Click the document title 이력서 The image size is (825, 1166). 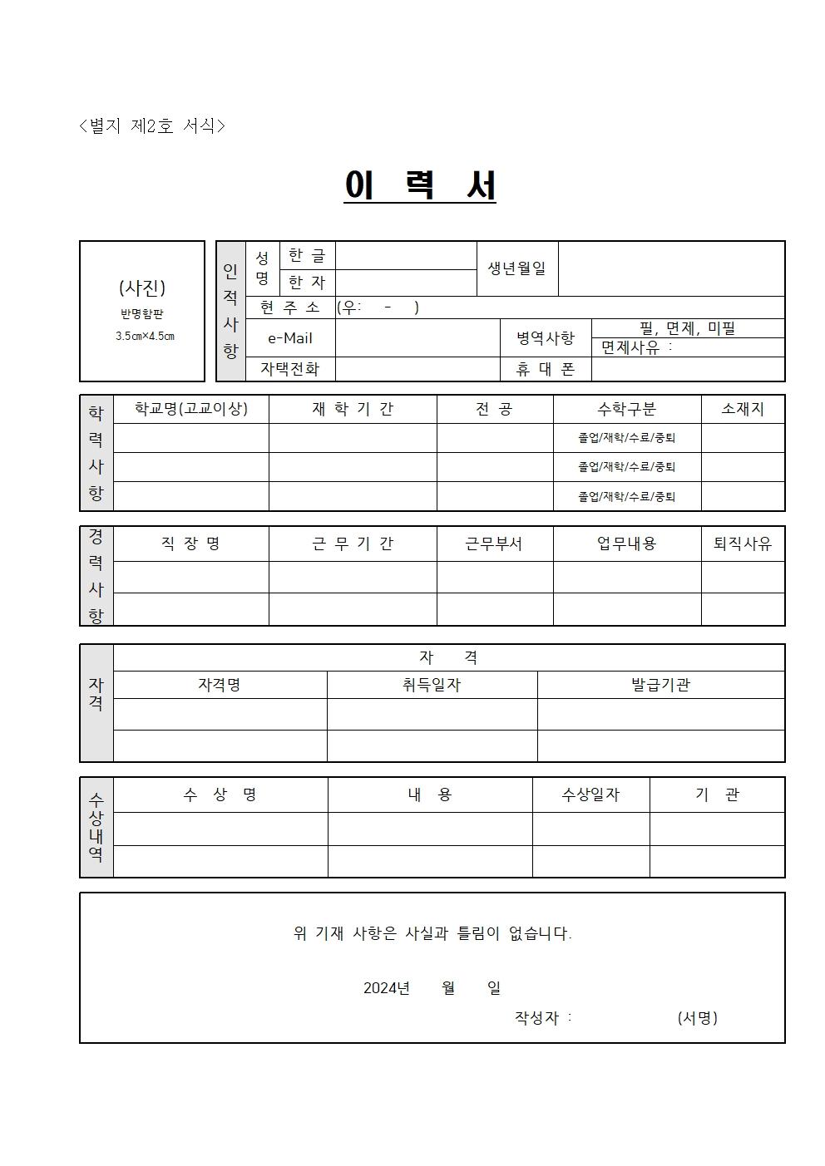pos(420,185)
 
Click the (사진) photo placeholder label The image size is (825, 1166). pos(142,288)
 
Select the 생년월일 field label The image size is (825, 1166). pos(516,268)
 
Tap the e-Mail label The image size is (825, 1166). pos(290,338)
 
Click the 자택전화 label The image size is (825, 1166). pos(289,369)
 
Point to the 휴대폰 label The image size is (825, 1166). pos(545,369)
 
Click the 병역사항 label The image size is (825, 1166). pos(545,338)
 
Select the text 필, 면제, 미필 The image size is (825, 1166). pos(688,328)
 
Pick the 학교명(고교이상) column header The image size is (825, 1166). pos(190,409)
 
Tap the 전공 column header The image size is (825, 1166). pos(494,409)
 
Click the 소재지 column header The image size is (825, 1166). pos(743,409)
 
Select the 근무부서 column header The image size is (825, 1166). pos(494,544)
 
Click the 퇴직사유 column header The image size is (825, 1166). pos(743,544)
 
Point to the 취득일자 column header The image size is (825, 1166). pos(431,685)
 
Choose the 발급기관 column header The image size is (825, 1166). pos(660,685)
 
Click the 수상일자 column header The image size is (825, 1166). pos(590,795)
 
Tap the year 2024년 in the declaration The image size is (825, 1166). pos(387,988)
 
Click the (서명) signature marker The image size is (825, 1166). pos(697,1017)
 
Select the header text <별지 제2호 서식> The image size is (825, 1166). pos(152,125)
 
